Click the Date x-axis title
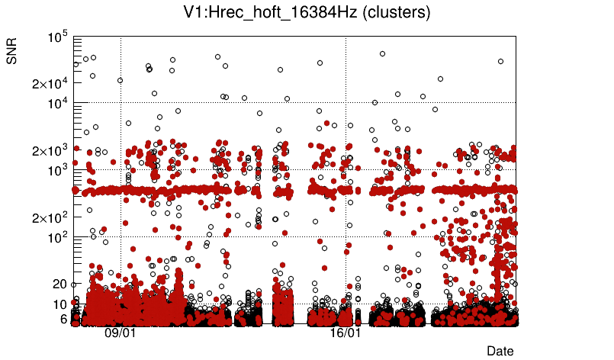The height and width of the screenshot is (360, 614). [500, 350]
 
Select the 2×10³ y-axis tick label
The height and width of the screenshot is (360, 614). [50, 150]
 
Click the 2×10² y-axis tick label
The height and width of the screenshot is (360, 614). [50, 217]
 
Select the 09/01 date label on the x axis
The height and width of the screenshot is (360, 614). [120, 333]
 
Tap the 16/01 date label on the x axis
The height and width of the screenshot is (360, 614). [345, 333]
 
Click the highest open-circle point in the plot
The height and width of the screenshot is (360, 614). [382, 53]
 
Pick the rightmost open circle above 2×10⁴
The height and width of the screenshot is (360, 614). [501, 61]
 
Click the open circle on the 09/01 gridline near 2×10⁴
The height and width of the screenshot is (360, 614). [120, 80]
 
